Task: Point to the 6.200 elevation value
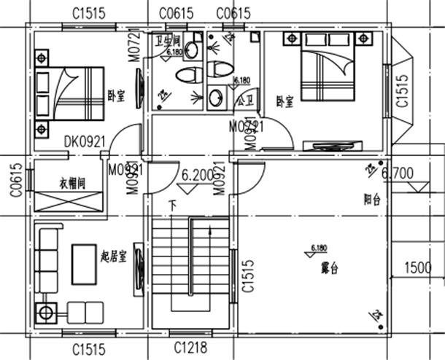[198, 176]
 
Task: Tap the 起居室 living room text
[114, 257]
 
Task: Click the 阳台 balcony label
[373, 200]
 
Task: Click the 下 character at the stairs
[172, 205]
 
